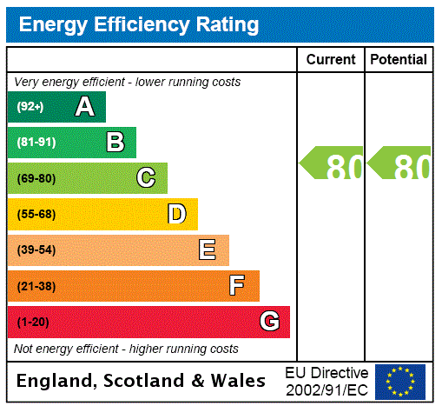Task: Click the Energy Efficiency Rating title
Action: pos(138,24)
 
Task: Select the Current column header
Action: pos(331,60)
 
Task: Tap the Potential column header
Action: pos(399,60)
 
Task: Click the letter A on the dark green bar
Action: pos(84,107)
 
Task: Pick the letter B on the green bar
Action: pos(115,143)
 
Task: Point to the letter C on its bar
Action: pos(146,178)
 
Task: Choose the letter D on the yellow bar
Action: pos(176,214)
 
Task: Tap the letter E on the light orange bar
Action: pos(208,250)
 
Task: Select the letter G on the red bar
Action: pos(269,322)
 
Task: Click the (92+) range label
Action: pos(30,108)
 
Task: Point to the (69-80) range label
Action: pos(36,179)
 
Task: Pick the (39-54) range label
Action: pos(36,250)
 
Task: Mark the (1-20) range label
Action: pos(33,323)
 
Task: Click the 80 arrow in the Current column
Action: pos(332,164)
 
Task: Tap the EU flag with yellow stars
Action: pos(400,381)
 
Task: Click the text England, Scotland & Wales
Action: pos(142,381)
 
